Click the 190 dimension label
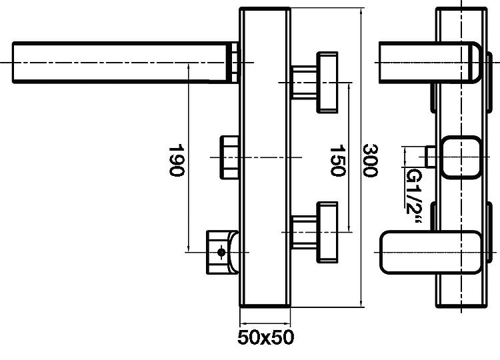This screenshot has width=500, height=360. [x=177, y=160]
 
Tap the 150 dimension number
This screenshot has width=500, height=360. [x=337, y=161]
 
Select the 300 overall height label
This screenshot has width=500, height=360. [x=371, y=161]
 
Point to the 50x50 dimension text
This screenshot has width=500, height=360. [x=265, y=337]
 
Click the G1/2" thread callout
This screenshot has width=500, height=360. [x=414, y=196]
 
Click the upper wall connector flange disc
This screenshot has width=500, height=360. [x=327, y=82]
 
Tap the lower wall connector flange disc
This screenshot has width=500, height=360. [x=327, y=232]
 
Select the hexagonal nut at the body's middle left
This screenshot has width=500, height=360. [x=229, y=157]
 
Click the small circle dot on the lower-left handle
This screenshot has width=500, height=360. [x=221, y=252]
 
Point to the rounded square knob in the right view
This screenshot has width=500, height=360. [x=461, y=157]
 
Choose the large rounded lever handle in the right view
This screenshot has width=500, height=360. [x=431, y=252]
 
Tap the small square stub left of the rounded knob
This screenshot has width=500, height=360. [x=431, y=157]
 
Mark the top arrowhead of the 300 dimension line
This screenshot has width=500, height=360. [x=361, y=11]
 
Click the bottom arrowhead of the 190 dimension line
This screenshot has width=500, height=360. [x=189, y=249]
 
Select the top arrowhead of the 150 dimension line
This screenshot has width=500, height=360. [x=349, y=87]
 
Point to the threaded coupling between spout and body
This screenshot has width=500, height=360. [x=234, y=63]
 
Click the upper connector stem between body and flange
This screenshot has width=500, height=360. [x=303, y=82]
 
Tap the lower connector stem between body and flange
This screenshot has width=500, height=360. [x=303, y=232]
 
